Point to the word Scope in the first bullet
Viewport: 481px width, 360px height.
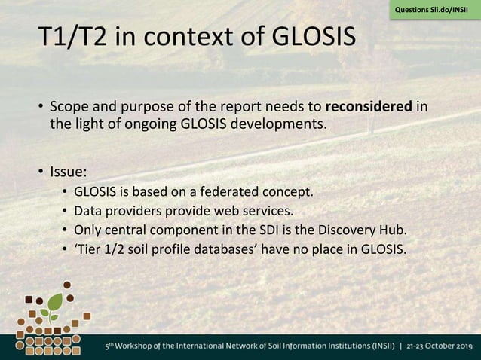pos(69,107)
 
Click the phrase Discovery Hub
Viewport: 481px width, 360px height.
pos(371,230)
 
